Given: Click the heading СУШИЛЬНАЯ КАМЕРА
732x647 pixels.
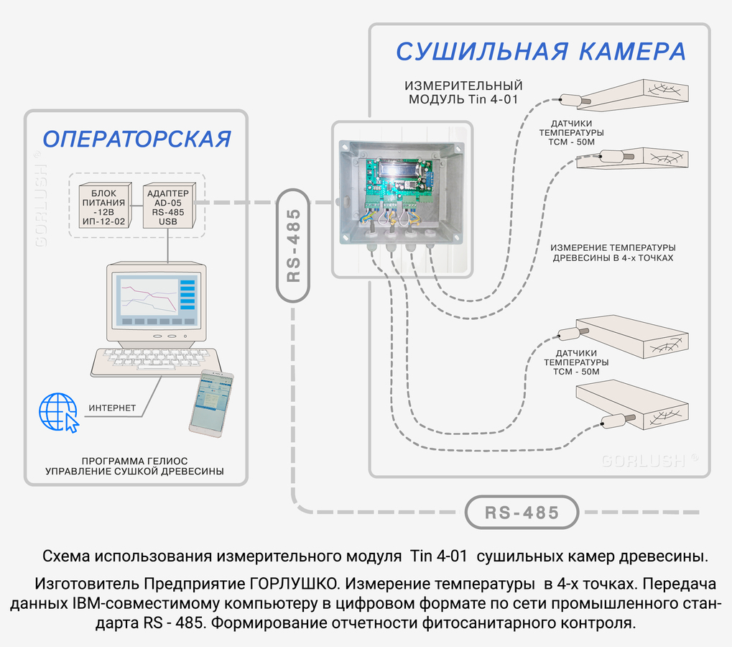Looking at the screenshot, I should (540, 51).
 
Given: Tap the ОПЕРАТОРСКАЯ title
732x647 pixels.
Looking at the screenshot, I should (136, 139).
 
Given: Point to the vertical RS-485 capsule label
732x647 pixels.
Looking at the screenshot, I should (293, 245).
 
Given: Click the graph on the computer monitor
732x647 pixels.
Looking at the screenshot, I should (148, 296).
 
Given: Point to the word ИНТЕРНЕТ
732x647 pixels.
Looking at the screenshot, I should (112, 408).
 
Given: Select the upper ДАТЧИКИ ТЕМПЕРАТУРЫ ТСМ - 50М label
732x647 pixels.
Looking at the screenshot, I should (571, 132).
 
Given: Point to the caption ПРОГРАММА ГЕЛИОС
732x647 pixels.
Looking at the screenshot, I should (135, 461).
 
